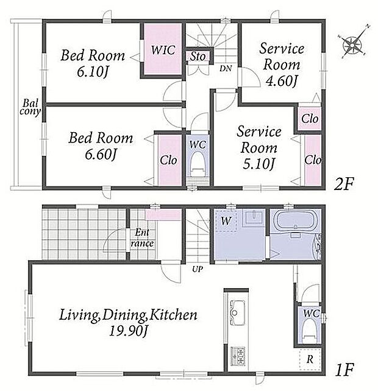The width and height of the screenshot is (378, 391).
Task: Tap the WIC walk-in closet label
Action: coord(163,50)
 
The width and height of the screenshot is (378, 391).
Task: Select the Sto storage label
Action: coord(198,57)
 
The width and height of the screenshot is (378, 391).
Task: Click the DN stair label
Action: coord(226,68)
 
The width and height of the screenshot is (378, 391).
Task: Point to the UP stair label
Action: coord(198,269)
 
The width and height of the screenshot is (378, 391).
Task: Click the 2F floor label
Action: coord(344,185)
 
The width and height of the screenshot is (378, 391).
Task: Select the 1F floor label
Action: coord(344,370)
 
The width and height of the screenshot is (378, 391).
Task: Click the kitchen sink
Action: coord(237,312)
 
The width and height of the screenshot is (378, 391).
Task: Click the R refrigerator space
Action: coord(310,359)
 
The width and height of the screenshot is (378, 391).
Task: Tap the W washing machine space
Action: coord(226,221)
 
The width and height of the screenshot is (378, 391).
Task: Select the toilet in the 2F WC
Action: coord(198,165)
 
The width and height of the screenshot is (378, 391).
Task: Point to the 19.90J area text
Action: coord(129,331)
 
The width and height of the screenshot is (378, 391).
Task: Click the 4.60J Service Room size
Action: coord(282,81)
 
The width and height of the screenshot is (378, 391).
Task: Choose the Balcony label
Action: coord(30,107)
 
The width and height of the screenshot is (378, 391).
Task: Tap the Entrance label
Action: coord(142,238)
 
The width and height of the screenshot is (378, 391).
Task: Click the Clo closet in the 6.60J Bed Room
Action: coord(169,160)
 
